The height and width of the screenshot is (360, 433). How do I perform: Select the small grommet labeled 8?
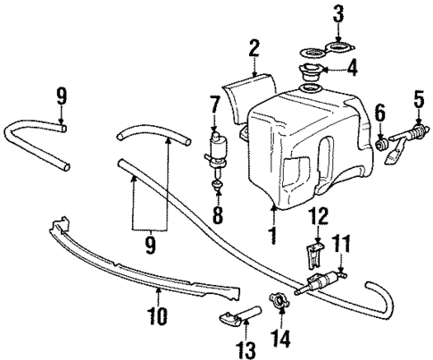[x=215, y=187]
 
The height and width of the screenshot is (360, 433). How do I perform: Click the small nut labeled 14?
[x=279, y=302]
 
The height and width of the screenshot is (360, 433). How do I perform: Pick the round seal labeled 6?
[x=384, y=141]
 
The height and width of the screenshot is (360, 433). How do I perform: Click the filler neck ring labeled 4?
[x=314, y=75]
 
